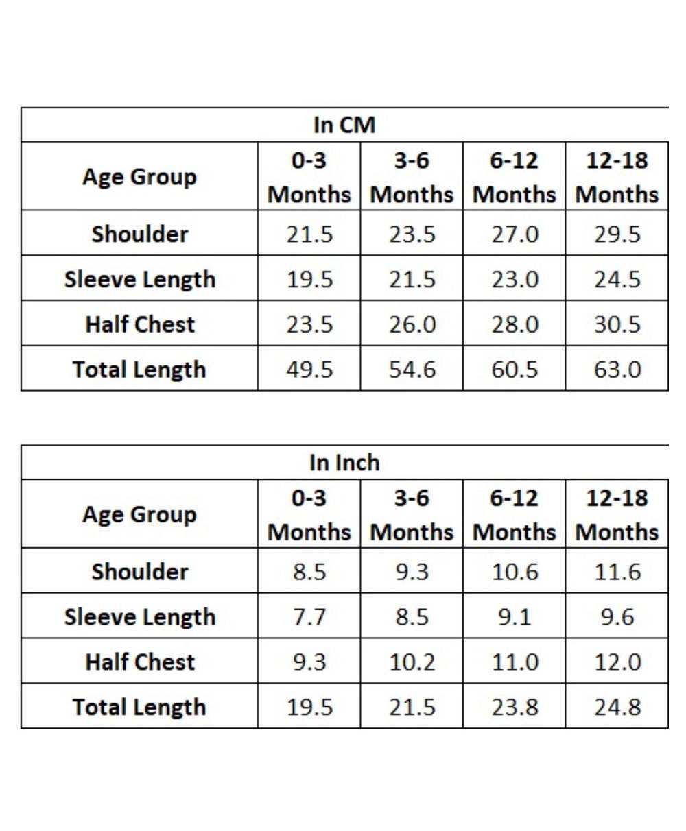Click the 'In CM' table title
click(344, 125)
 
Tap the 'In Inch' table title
click(344, 462)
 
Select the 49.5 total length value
click(309, 370)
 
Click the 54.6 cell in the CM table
click(412, 370)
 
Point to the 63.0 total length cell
click(617, 370)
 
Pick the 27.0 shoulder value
click(514, 234)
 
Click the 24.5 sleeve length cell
click(617, 279)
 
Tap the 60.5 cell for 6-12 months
click(514, 370)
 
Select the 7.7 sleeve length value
click(309, 617)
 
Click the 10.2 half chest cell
click(412, 662)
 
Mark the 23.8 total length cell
click(514, 707)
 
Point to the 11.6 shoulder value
click(617, 572)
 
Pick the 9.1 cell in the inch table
click(514, 617)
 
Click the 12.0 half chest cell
click(617, 662)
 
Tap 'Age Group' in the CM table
click(139, 177)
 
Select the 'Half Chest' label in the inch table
click(140, 662)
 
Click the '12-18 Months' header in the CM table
click(617, 178)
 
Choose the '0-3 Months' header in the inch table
click(309, 515)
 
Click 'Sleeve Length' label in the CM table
click(140, 279)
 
